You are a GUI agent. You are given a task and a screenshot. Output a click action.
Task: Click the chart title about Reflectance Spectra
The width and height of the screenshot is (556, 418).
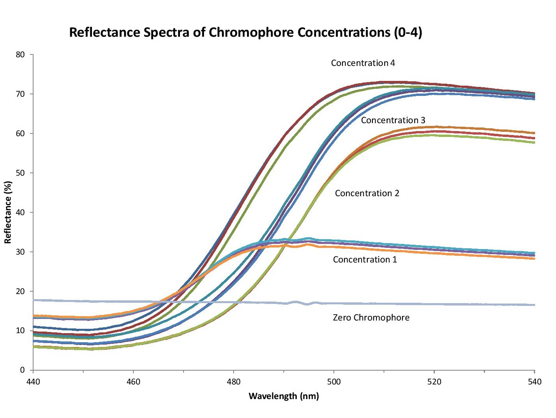click(x=245, y=32)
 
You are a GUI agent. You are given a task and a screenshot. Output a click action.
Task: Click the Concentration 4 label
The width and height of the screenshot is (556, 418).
click(x=363, y=63)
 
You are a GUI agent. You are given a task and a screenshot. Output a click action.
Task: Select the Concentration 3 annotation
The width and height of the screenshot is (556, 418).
click(x=393, y=120)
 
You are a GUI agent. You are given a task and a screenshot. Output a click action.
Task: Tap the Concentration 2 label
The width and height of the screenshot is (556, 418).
click(x=367, y=193)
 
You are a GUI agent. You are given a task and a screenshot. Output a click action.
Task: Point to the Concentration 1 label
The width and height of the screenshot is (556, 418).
click(x=365, y=260)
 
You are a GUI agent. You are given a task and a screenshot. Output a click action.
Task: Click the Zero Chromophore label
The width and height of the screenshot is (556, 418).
click(x=371, y=318)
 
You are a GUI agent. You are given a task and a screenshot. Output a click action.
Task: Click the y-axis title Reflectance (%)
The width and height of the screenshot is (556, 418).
click(x=8, y=212)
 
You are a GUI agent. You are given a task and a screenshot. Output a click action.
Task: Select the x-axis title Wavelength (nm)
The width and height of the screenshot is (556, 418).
click(x=283, y=396)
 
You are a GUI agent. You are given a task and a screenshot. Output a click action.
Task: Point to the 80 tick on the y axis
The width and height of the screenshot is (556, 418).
click(x=20, y=55)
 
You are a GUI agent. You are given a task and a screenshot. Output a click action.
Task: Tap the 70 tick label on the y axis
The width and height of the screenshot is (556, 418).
click(x=20, y=94)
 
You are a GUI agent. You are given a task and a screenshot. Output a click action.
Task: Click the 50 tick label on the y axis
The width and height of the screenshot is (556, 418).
click(x=20, y=173)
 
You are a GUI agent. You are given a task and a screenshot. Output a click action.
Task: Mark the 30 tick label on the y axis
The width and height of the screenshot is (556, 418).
click(x=20, y=252)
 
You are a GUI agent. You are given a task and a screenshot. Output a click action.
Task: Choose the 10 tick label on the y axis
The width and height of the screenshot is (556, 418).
click(x=20, y=331)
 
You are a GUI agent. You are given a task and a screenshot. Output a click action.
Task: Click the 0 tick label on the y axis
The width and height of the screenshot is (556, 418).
click(x=22, y=370)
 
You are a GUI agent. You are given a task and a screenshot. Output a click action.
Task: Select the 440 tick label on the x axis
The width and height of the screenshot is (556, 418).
click(x=33, y=382)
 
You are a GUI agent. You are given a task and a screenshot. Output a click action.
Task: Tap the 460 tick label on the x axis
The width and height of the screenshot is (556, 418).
click(x=133, y=382)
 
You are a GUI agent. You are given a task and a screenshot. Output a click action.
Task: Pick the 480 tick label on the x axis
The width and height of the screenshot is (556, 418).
click(x=234, y=382)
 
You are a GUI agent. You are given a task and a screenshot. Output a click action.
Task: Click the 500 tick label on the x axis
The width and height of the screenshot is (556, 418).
click(x=334, y=382)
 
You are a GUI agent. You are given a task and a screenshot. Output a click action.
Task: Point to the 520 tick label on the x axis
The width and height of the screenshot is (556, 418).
click(x=434, y=382)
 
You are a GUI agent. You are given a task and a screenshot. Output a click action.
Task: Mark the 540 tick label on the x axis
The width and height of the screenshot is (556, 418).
click(x=534, y=382)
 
